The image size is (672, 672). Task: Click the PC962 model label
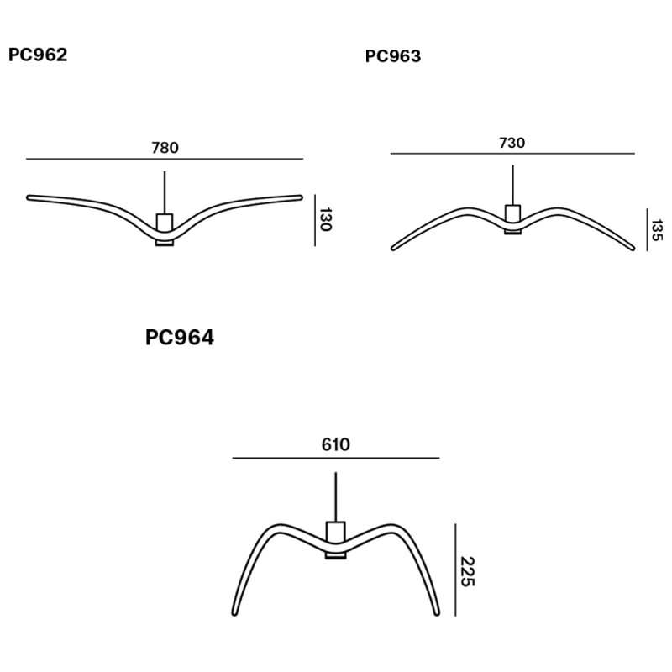[x=38, y=55]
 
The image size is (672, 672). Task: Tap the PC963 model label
[x=393, y=56]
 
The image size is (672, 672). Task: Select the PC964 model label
[x=180, y=338]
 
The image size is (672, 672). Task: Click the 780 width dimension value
[x=165, y=148]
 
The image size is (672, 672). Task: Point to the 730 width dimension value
[x=512, y=143]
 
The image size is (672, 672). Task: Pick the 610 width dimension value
[x=335, y=445]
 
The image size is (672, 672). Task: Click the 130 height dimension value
[x=326, y=220]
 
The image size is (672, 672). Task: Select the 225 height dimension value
[x=467, y=571]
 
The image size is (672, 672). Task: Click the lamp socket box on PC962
[x=165, y=222]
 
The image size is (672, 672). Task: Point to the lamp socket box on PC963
[x=512, y=213]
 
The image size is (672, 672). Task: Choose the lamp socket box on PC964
[x=335, y=533]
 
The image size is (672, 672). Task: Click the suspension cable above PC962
[x=165, y=192]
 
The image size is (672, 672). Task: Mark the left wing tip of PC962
[x=30, y=198]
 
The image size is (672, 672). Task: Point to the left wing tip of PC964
[x=234, y=612]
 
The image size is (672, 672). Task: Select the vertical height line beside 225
[x=455, y=570]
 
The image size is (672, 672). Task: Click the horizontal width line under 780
[x=165, y=159]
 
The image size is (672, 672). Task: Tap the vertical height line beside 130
[x=315, y=220]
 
